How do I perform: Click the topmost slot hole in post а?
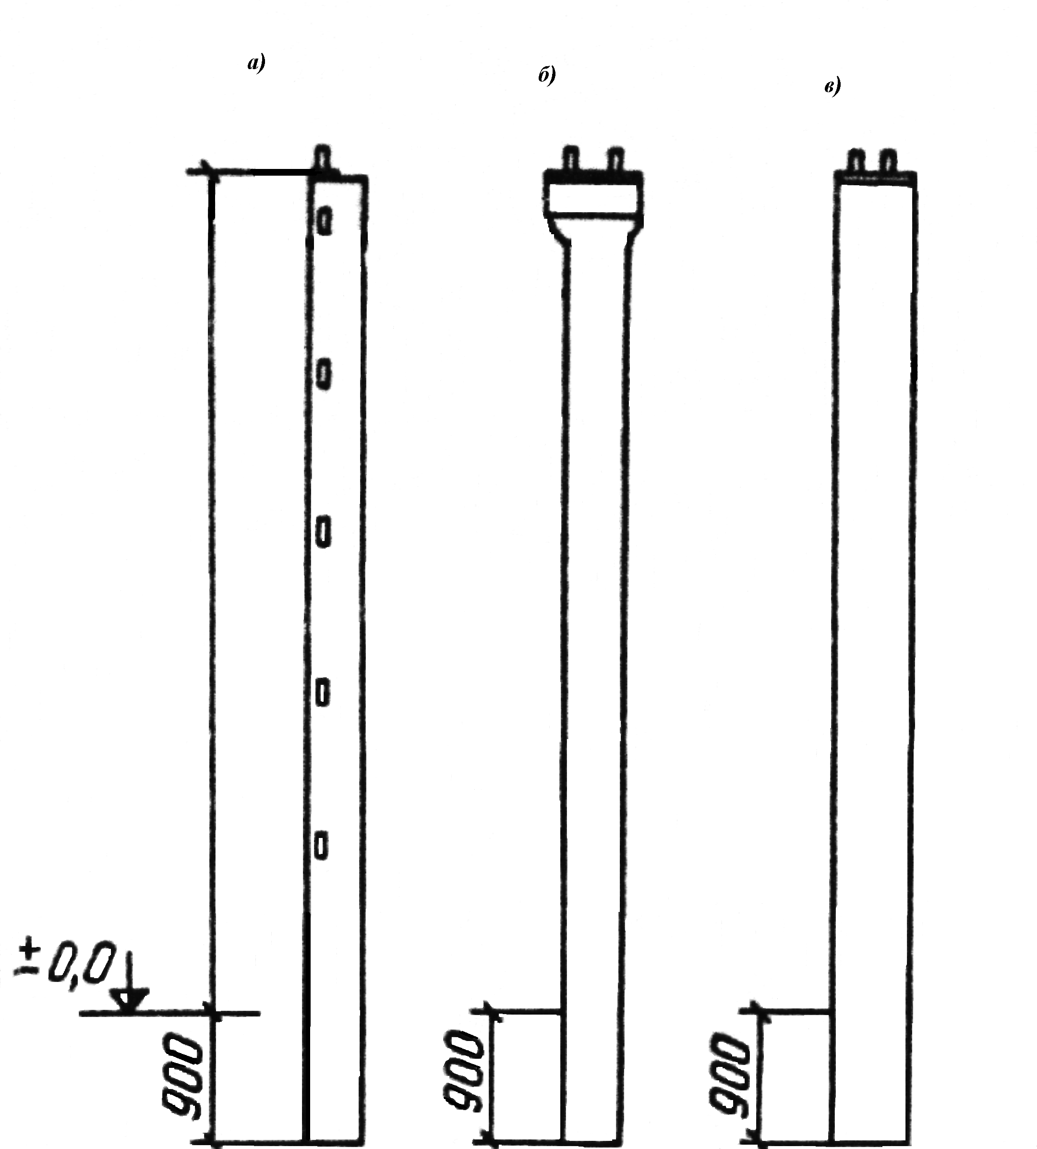pyautogui.click(x=324, y=220)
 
